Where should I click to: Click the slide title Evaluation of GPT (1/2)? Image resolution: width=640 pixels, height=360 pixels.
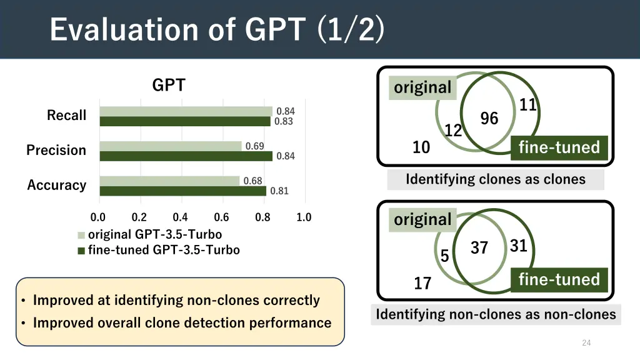[217, 29]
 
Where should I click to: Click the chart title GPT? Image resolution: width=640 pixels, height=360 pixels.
[169, 85]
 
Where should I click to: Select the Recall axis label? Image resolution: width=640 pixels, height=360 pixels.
[66, 116]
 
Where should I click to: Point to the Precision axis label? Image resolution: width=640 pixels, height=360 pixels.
[56, 151]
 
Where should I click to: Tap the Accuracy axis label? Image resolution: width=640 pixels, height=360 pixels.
[56, 186]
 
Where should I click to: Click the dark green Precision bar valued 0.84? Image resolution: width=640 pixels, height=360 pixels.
[186, 156]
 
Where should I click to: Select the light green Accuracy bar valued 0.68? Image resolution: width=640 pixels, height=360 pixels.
[169, 181]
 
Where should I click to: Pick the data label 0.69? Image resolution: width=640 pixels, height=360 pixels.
[254, 146]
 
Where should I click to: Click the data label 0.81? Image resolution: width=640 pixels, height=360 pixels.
[279, 191]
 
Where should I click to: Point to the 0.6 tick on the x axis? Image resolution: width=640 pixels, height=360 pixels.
[221, 217]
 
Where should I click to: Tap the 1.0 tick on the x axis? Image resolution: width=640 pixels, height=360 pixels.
[304, 217]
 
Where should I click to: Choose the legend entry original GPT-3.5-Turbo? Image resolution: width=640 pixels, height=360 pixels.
[154, 235]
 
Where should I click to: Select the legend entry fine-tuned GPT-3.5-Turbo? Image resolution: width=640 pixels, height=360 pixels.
[163, 250]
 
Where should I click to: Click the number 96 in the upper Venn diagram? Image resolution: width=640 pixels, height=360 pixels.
[489, 119]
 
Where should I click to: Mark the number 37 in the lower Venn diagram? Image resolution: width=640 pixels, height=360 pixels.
[479, 248]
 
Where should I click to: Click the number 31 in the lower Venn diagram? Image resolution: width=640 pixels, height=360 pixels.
[519, 246]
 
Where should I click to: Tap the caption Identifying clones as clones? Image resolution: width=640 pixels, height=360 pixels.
[496, 180]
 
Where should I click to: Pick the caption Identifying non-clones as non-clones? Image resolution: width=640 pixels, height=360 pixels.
[496, 314]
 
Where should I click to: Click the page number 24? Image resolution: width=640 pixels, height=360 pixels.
[586, 342]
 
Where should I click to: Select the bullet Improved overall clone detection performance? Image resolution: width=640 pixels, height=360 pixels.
[182, 323]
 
